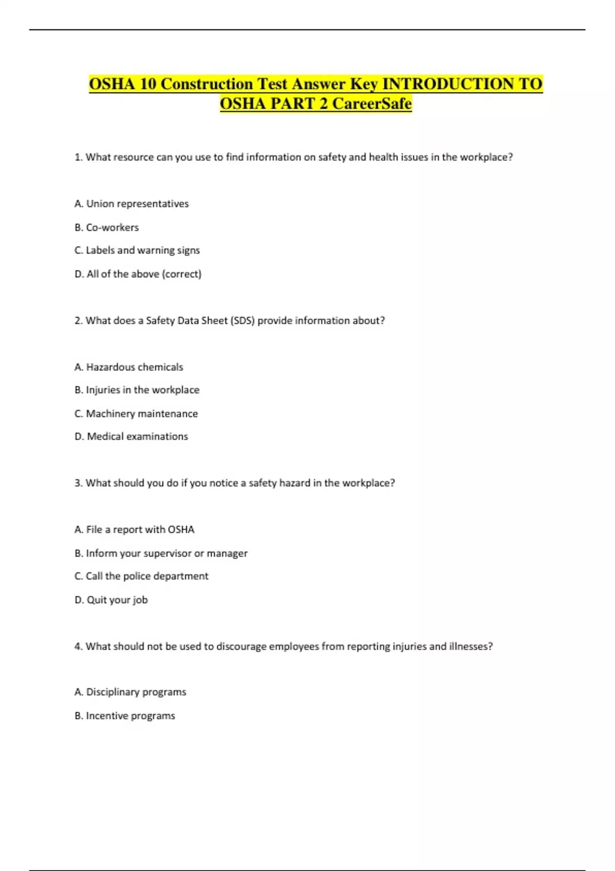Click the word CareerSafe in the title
click(372, 103)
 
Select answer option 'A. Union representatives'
click(131, 204)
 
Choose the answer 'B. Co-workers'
click(107, 227)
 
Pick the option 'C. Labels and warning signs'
click(137, 251)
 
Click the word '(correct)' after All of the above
click(181, 274)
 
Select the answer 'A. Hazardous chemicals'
click(129, 367)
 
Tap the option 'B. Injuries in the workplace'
click(137, 390)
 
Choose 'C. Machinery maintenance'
click(136, 413)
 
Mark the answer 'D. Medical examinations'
click(131, 437)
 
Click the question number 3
click(78, 483)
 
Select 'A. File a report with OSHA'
click(134, 530)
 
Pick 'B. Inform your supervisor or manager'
click(161, 553)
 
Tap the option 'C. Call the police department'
click(141, 576)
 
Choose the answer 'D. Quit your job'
click(111, 600)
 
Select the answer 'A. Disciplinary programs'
click(130, 692)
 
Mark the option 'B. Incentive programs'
click(125, 716)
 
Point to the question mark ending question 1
click(510, 157)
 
